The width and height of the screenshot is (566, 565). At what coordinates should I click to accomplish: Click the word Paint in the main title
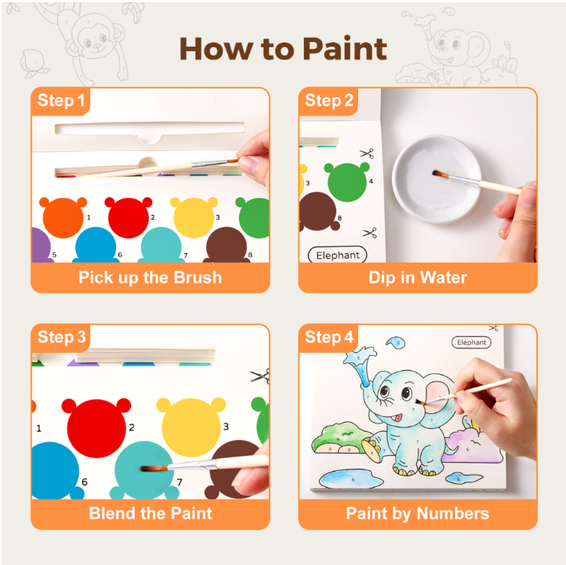(x=345, y=49)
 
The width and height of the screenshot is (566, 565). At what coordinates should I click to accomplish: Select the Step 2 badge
(x=329, y=102)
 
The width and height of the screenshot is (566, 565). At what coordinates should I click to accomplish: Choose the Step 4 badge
(x=329, y=338)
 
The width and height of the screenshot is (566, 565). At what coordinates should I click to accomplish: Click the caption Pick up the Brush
(x=150, y=277)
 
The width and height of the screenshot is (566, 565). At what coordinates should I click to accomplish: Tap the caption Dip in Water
(x=418, y=277)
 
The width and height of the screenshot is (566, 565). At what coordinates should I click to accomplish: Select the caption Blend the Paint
(x=150, y=514)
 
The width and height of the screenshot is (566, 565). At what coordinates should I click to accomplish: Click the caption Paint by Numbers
(x=418, y=514)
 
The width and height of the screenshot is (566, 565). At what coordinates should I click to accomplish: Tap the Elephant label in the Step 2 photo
(x=338, y=255)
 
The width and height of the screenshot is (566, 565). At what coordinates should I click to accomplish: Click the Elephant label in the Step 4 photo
(x=472, y=342)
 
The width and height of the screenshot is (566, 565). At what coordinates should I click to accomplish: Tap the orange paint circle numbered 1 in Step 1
(x=62, y=217)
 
